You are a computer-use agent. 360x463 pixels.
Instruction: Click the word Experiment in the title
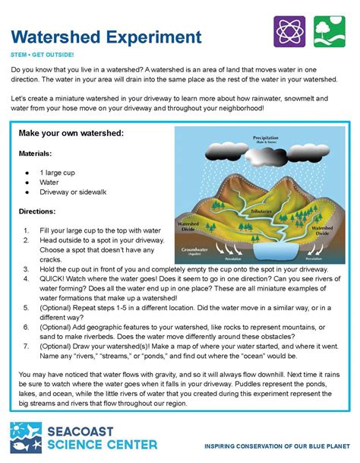155,36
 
